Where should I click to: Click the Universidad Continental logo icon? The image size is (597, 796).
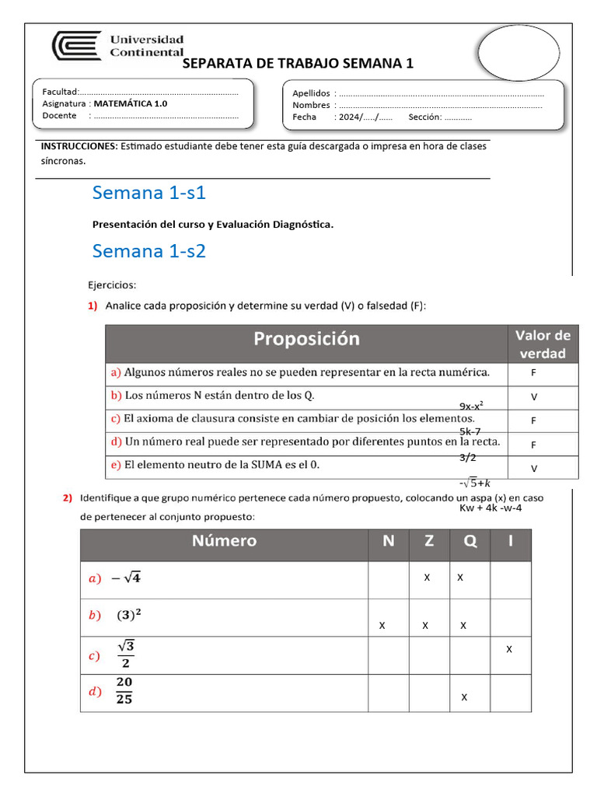[x=76, y=45]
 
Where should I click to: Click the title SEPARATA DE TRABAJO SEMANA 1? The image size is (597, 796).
[x=298, y=64]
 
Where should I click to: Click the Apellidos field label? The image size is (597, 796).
[x=311, y=93]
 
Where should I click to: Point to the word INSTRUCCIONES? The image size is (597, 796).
[x=79, y=146]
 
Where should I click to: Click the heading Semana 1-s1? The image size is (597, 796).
[x=148, y=192]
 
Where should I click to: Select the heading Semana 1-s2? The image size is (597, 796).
[x=148, y=251]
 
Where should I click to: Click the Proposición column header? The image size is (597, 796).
[x=306, y=339]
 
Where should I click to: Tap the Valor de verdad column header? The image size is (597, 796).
[x=543, y=344]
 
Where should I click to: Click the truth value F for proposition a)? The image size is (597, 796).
[x=534, y=373]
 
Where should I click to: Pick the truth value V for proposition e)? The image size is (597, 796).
[x=534, y=469]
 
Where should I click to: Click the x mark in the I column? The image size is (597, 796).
[x=509, y=648]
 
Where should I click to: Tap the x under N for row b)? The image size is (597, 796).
[x=382, y=626]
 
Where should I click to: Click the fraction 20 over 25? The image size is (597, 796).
[x=124, y=691]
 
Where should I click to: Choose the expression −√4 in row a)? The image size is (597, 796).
[x=125, y=578]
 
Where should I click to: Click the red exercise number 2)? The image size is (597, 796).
[x=68, y=498]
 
